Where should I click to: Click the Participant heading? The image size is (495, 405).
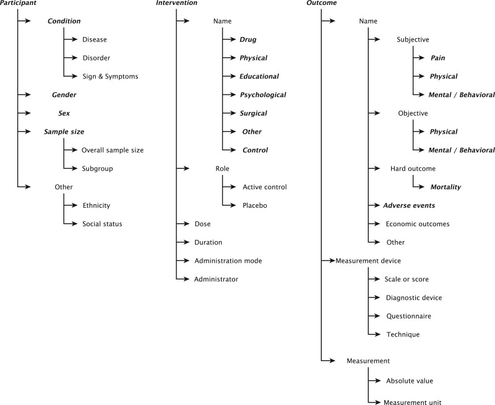[18, 3]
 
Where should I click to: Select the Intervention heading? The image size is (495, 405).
[176, 3]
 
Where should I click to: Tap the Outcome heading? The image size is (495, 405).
[322, 3]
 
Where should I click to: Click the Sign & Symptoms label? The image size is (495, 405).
[110, 77]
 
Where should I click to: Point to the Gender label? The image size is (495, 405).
[64, 95]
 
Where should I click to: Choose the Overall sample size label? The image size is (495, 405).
[113, 150]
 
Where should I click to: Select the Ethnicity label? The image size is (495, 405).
[97, 205]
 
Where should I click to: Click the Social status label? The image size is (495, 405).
[102, 224]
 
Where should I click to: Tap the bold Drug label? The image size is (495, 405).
[247, 40]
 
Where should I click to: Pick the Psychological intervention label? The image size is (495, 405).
[263, 95]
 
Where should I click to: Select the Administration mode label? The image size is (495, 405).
[228, 261]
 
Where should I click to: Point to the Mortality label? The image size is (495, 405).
[445, 187]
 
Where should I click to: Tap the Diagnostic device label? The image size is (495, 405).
[413, 297]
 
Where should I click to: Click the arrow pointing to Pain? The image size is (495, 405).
[418, 58]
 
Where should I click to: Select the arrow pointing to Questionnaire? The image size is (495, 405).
[374, 316]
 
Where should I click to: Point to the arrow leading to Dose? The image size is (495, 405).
[182, 224]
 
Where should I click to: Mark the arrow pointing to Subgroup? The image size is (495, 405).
[71, 169]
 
